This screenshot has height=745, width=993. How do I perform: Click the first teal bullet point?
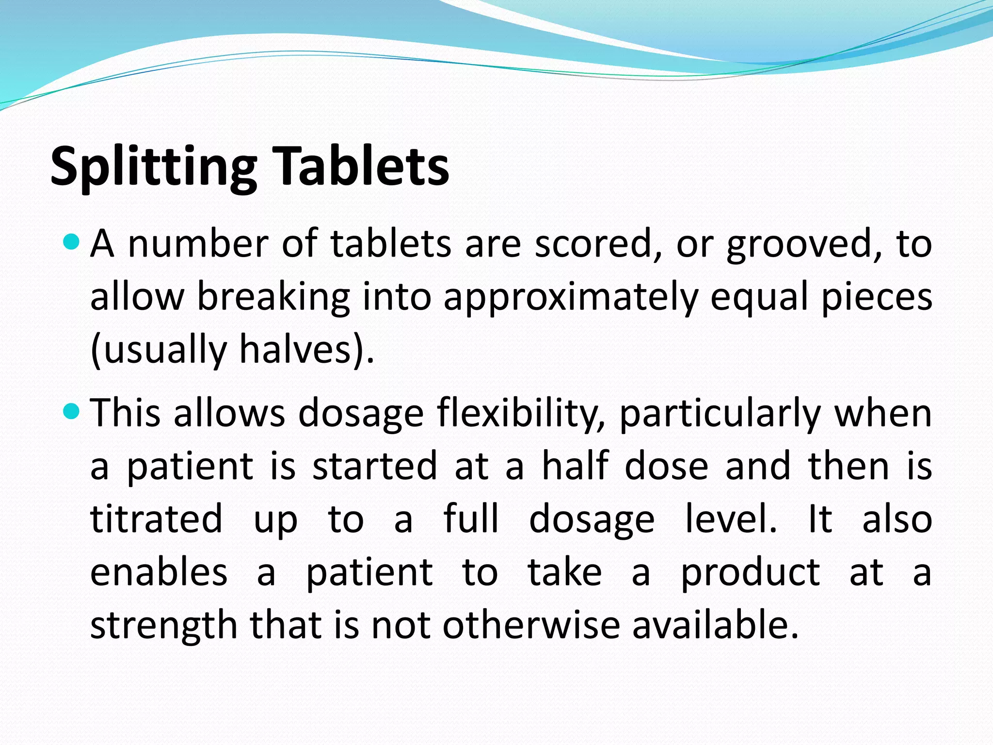coord(71,241)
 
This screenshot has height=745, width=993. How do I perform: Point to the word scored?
coord(598,243)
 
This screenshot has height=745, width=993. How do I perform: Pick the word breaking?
coord(273,297)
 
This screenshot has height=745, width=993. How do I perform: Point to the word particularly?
coord(720,414)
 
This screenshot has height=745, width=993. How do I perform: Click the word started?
coord(375,466)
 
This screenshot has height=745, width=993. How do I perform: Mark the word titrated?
coord(156,519)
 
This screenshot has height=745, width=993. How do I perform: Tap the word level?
coord(731,519)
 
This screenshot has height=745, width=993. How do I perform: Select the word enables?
coord(159,572)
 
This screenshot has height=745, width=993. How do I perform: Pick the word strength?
coord(163,626)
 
